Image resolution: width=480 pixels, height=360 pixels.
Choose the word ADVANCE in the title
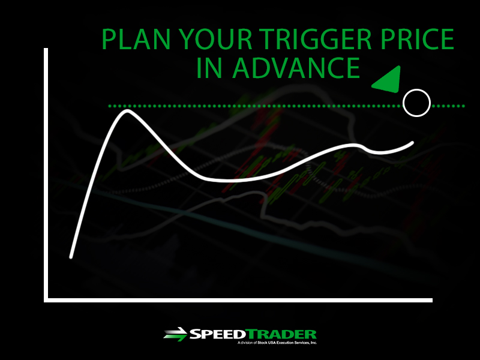tap(296, 68)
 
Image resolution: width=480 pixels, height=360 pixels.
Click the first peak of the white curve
tap(127, 110)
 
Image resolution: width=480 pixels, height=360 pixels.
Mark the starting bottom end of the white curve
tap(71, 257)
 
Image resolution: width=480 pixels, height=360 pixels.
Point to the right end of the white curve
tap(412, 143)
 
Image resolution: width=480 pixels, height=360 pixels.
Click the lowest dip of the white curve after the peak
tap(225, 181)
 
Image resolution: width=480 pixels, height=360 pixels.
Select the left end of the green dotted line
tap(110, 106)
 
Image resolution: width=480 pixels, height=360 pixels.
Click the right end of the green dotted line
tap(463, 106)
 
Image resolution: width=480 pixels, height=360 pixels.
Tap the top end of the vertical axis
tap(46, 49)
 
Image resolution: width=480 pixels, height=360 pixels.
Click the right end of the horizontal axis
tap(431, 301)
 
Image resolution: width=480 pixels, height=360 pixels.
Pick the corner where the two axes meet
tap(46, 301)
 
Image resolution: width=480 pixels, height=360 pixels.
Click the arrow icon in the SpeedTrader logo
tap(175, 334)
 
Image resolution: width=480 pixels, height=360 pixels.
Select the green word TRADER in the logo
tap(281, 334)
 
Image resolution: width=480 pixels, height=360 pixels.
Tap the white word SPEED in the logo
tap(218, 334)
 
